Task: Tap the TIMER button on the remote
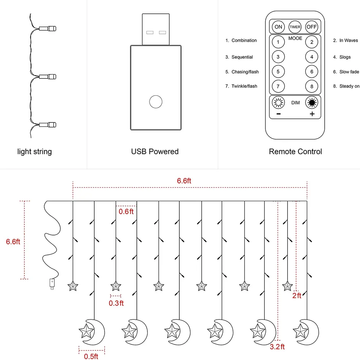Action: point(295,27)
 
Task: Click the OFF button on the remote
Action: point(312,27)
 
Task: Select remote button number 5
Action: point(278,72)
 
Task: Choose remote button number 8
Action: point(312,86)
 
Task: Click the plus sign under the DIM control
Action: point(312,114)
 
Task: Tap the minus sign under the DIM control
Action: point(278,114)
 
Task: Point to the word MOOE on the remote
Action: point(295,38)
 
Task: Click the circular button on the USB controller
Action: point(156,102)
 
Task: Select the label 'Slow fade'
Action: point(349,72)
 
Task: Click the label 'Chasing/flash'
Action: point(245,72)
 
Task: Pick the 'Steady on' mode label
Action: point(349,86)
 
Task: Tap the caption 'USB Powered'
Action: point(155,152)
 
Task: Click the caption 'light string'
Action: point(35,152)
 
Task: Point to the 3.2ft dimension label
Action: point(277,347)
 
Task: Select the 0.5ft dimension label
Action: point(91,356)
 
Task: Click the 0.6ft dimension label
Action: point(126,212)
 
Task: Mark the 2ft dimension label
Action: point(297,296)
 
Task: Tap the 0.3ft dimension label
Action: point(116,303)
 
